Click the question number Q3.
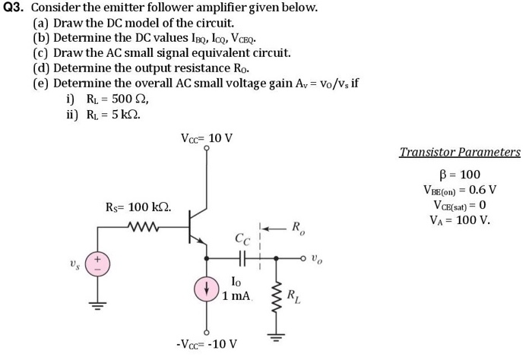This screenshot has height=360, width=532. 13,8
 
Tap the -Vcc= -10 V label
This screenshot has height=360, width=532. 206,343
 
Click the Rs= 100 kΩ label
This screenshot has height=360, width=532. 138,207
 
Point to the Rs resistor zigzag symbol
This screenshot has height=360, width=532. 142,226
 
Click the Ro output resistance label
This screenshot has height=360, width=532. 299,226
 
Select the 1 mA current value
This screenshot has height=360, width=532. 237,295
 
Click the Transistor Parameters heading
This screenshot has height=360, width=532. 460,152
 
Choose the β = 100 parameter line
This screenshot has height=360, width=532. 461,175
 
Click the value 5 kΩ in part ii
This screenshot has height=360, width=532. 123,115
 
